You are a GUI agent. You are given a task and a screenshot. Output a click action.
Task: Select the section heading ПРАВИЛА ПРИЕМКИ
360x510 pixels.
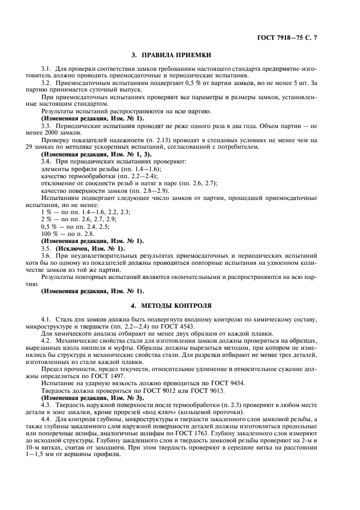coord(180,56)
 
